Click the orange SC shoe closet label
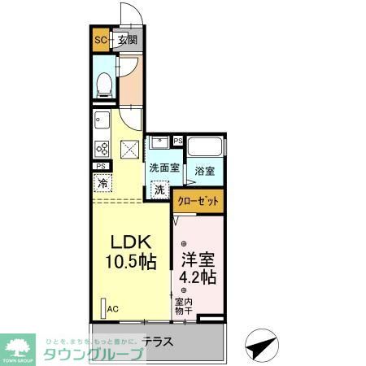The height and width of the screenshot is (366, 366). pos(101,40)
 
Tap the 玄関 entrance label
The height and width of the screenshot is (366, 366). pos(128,40)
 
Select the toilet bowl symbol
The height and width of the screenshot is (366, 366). pos(103,85)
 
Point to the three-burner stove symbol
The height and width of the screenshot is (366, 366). pos(102,148)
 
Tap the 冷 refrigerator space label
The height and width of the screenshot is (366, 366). pos(103,183)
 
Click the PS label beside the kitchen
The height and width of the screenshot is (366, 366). pos(101,167)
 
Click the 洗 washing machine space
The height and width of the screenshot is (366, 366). pos(159,190)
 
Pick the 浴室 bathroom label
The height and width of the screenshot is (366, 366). pos(205,172)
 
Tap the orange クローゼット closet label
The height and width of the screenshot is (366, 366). pos(198,201)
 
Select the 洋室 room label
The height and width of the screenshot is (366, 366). pos(197,259)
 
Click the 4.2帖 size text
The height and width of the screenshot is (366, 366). pos(197,277)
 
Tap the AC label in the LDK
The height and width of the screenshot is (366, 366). pos(113,308)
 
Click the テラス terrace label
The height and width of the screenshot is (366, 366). pos(158,342)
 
